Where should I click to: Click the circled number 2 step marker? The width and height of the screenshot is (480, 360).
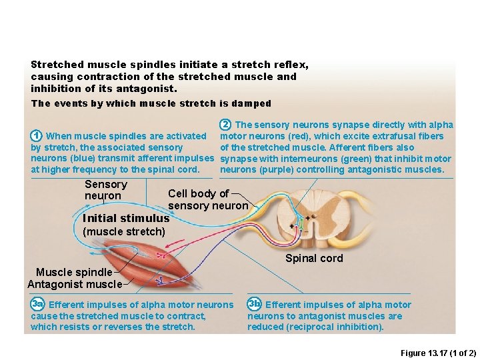[x=226, y=124]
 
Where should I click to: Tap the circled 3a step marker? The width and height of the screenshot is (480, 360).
[x=37, y=305]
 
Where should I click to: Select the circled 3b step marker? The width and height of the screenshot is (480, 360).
[x=254, y=305]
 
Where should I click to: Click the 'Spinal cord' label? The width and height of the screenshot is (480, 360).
[x=314, y=259]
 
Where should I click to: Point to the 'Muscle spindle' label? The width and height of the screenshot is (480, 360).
[x=74, y=272]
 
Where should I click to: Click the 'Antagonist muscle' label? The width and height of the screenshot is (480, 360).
[x=75, y=284]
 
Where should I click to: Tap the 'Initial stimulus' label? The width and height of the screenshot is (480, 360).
[x=126, y=218]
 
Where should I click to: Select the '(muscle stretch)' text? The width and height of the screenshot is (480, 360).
[x=124, y=231]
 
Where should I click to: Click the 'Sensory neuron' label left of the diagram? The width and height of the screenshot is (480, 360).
[x=105, y=190]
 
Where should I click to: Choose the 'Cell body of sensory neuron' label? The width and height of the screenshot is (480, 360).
[x=207, y=199]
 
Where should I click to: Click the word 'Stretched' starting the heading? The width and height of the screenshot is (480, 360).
[x=57, y=65]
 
